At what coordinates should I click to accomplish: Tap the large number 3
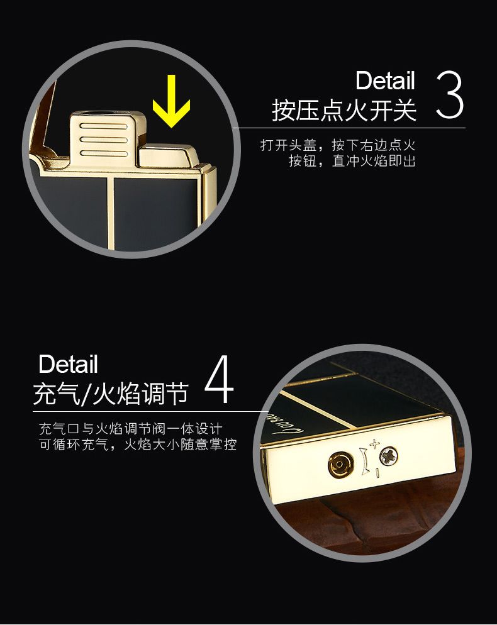450,95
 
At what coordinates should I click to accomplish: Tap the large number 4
219,379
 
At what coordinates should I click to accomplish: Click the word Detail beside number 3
385,80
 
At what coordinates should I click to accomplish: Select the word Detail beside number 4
68,364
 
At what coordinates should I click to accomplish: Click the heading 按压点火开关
344,110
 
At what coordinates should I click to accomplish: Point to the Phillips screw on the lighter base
389,456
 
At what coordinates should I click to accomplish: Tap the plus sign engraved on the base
374,443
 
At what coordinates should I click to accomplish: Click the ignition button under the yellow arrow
168,156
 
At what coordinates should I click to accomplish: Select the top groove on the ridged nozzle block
103,126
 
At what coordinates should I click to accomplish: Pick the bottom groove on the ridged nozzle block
103,153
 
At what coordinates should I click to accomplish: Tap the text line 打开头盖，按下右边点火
338,145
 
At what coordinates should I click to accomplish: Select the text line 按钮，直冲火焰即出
352,161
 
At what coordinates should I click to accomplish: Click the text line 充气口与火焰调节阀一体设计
130,429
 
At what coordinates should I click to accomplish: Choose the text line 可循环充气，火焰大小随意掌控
138,445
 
